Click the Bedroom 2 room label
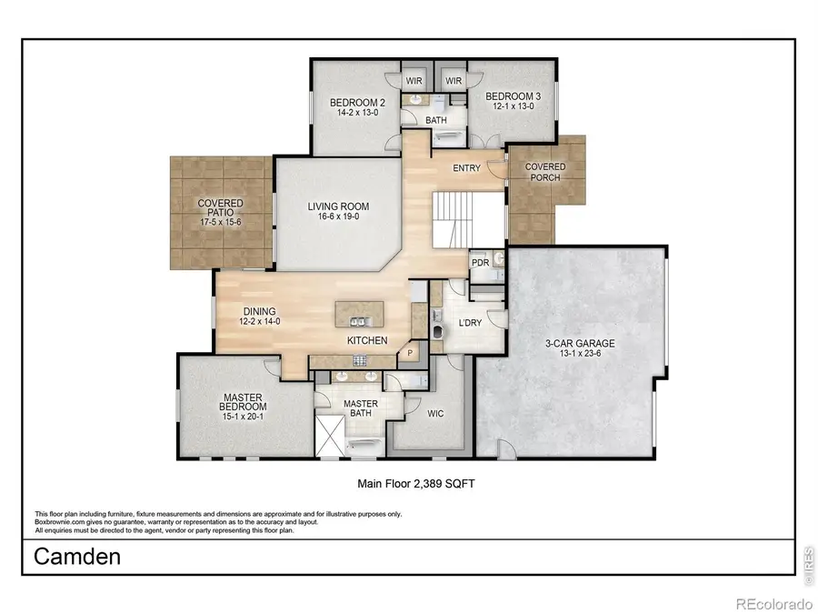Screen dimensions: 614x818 (357, 103)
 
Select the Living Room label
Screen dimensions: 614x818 (337, 206)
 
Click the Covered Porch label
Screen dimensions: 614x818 (544, 172)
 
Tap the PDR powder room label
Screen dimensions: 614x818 (480, 263)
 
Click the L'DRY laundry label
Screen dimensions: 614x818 (470, 323)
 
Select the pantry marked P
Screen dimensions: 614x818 (410, 353)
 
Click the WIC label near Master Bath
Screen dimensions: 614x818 (435, 413)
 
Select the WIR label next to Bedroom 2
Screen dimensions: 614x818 (414, 81)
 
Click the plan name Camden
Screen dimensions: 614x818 (77, 557)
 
